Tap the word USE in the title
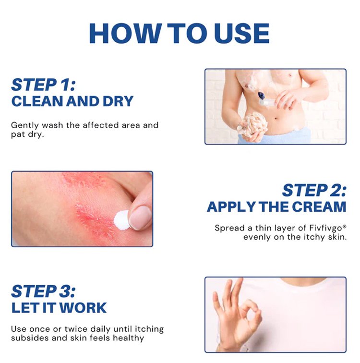click(242, 33)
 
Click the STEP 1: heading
click(43, 85)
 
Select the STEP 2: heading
click(314, 190)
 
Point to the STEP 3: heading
click(43, 291)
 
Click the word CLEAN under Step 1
click(37, 101)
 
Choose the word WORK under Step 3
click(83, 308)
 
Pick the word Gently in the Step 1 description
click(25, 125)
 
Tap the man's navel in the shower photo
click(276, 119)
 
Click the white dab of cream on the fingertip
click(121, 219)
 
